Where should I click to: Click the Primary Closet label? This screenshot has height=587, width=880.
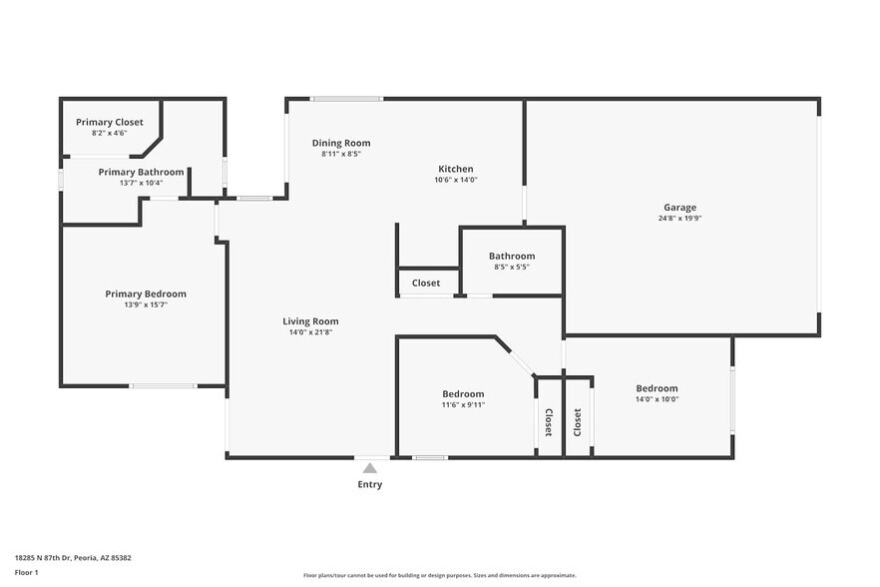(x=110, y=122)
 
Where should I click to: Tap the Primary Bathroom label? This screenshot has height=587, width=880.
(x=141, y=172)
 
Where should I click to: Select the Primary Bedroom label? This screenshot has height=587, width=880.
(x=146, y=293)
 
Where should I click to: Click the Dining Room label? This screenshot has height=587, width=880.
(x=341, y=143)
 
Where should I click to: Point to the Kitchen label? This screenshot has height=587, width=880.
(x=455, y=169)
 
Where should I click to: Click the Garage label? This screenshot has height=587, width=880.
(x=680, y=208)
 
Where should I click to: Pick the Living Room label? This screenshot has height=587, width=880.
(x=310, y=321)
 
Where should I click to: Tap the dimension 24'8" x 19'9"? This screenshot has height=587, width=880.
(x=680, y=219)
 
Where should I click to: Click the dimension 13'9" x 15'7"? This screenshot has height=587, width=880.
(x=146, y=304)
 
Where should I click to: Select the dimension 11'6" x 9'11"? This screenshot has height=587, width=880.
(x=463, y=404)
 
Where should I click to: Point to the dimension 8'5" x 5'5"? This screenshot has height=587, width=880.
(x=512, y=267)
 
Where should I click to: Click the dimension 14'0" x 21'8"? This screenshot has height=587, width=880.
(x=310, y=332)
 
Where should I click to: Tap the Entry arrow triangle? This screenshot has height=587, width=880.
(x=370, y=467)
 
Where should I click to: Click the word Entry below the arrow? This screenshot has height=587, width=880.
(x=370, y=484)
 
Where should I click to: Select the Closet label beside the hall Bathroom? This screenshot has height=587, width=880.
(x=426, y=283)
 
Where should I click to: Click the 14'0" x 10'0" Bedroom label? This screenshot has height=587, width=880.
(x=657, y=388)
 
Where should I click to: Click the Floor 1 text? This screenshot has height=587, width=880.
(x=26, y=572)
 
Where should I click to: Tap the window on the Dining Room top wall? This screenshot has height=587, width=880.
(x=346, y=98)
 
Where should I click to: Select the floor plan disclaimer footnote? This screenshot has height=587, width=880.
(x=440, y=575)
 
